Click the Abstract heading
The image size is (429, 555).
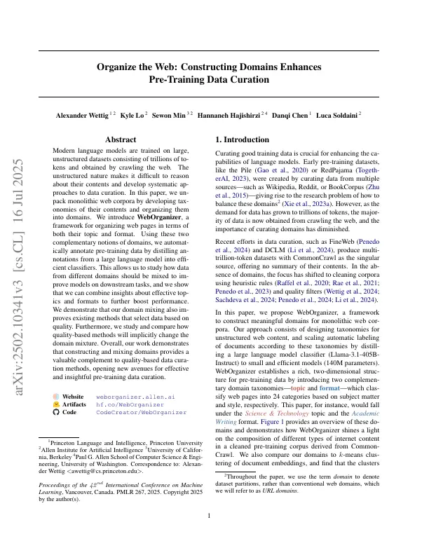[120, 140]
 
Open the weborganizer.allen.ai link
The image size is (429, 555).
[127, 396]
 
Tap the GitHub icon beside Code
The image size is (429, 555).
[57, 413]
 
